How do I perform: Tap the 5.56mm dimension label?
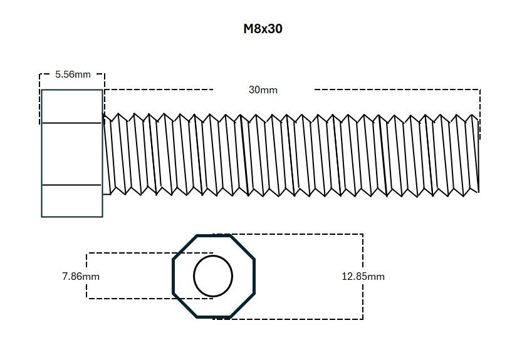coord(73,74)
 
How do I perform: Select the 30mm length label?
coord(263,90)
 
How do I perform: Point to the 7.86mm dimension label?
coord(81,276)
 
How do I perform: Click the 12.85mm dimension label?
coord(363,276)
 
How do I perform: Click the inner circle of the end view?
coord(213,275)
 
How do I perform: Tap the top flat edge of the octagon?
coord(213,236)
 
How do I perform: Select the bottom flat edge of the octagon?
coord(213,317)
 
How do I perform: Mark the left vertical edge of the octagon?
coord(174,276)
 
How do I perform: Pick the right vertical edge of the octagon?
coord(254,276)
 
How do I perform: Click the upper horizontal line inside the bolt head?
coord(71,123)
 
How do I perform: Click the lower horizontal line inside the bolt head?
coord(71,185)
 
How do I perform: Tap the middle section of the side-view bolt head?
coord(71,154)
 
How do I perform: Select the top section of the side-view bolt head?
coord(71,106)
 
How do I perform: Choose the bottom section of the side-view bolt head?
coord(71,201)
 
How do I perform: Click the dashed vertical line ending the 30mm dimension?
coord(480,113)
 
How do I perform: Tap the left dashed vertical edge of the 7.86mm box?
coord(86,276)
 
